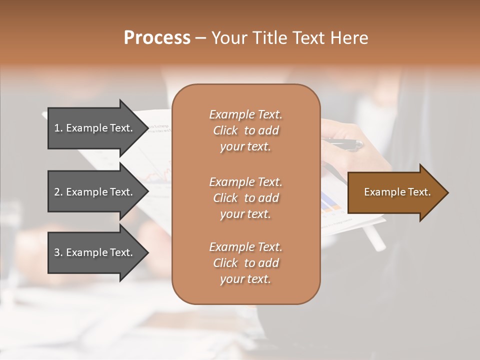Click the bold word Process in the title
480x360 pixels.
[157, 38]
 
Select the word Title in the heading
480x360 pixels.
[268, 38]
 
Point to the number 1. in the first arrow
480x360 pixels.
[58, 128]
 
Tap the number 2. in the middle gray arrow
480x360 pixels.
[58, 192]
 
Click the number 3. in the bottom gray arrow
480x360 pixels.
[58, 252]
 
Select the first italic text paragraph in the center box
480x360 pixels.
[245, 130]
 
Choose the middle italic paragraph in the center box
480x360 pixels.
[245, 198]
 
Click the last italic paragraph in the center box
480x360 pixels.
[245, 263]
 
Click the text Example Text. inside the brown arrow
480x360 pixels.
[397, 192]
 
